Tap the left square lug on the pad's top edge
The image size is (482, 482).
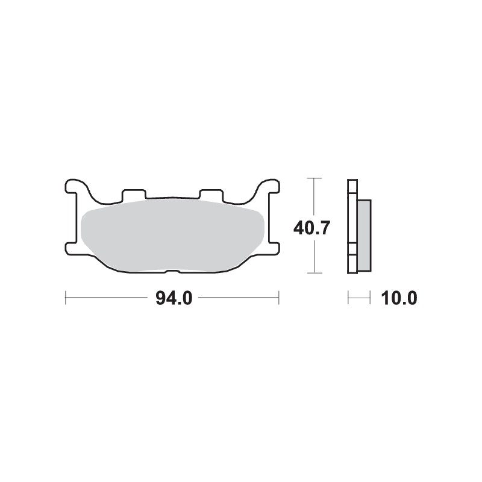(134, 195)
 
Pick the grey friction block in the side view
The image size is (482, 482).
(365, 234)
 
